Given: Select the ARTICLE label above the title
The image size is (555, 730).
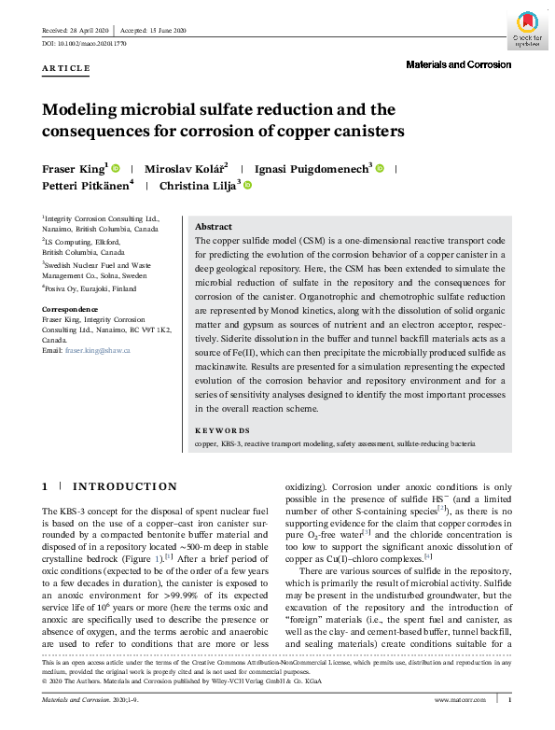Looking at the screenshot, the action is click(66, 68).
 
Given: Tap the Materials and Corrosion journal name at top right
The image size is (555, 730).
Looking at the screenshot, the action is click(458, 64).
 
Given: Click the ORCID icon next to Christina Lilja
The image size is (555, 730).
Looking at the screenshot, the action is click(248, 186).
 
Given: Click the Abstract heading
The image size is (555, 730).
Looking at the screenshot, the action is click(215, 227).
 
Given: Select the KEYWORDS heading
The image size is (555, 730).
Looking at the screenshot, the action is click(222, 431).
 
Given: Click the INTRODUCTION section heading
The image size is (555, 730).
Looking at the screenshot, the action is click(124, 486).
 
